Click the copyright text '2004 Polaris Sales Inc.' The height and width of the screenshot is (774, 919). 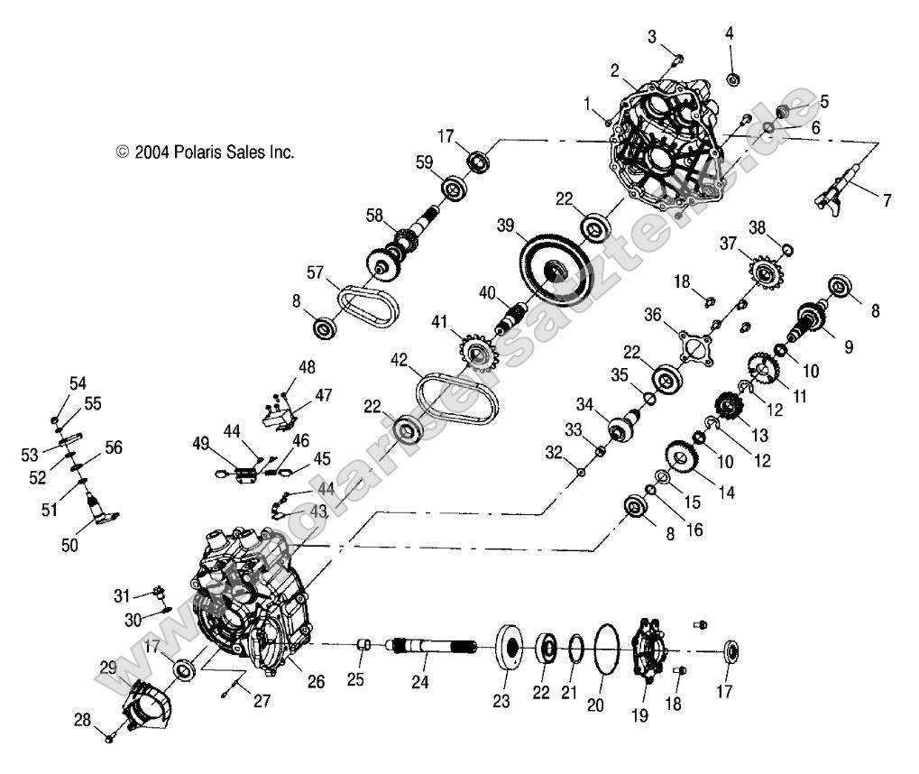pyautogui.click(x=206, y=152)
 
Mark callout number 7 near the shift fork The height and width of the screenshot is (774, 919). pyautogui.click(x=887, y=201)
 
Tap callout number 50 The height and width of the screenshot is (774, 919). pyautogui.click(x=69, y=545)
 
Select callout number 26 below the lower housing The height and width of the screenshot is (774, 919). pyautogui.click(x=315, y=682)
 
